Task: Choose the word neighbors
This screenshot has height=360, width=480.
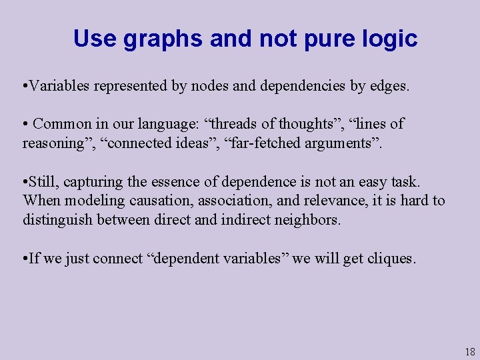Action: [307, 220]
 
